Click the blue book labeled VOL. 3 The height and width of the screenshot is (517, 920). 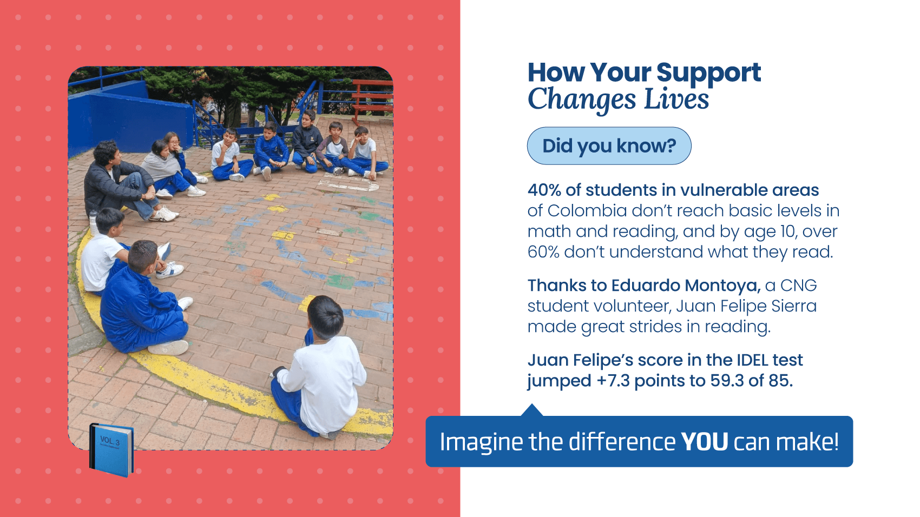coord(111,450)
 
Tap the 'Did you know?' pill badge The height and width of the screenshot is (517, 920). coord(609,145)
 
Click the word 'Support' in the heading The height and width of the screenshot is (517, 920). coord(708,72)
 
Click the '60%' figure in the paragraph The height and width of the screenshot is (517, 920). coord(543,252)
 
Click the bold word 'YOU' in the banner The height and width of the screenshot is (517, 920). coord(705,442)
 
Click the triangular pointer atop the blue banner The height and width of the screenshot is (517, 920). coord(532,410)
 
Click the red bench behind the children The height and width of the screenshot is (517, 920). coord(372,98)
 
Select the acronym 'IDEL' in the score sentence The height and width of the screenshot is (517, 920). coord(752,360)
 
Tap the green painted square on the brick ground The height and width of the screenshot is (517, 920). coord(340,281)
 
